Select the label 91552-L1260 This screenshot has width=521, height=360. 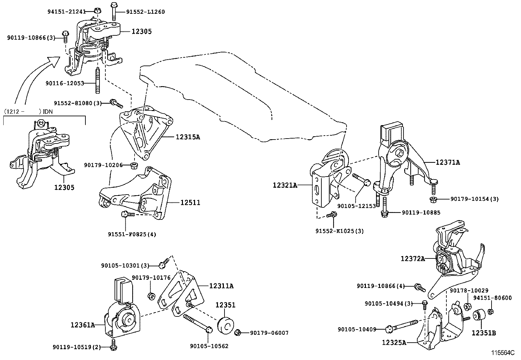click(x=145, y=12)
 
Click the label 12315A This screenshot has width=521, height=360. click(x=188, y=137)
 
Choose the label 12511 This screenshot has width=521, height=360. click(x=190, y=203)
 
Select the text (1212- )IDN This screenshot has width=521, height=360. click(x=28, y=111)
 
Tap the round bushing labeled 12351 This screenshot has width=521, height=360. click(x=225, y=325)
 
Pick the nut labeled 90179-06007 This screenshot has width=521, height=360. click(x=238, y=333)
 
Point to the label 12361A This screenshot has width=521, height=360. click(x=82, y=325)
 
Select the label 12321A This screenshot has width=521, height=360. click(x=285, y=185)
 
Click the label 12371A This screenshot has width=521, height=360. click(x=447, y=162)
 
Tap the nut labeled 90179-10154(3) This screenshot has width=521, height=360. click(x=433, y=199)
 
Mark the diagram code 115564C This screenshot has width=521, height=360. click(x=502, y=353)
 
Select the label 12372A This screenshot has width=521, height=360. click(x=413, y=259)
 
